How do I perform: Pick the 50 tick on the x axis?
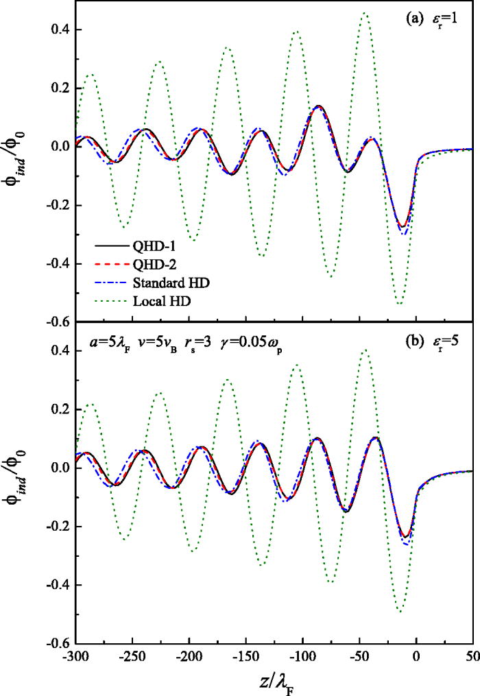[472, 656]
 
